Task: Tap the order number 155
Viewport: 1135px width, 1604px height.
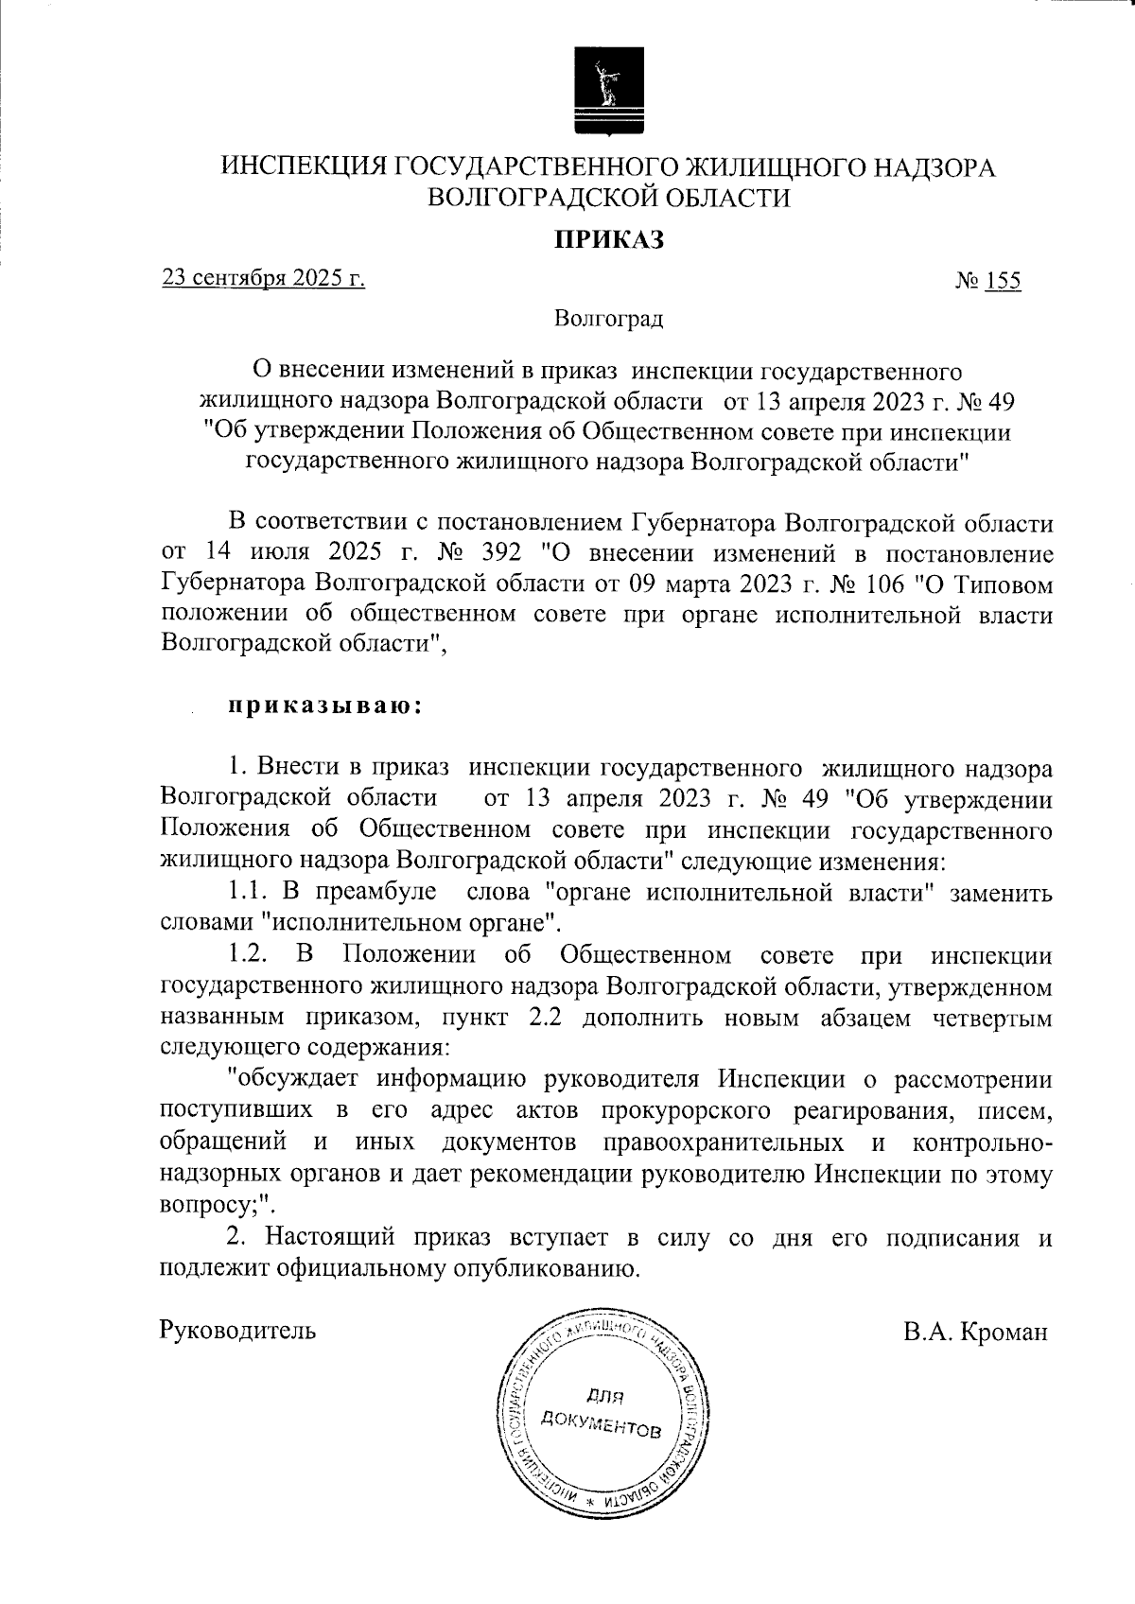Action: click(1002, 282)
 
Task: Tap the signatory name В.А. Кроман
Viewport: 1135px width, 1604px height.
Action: click(975, 1332)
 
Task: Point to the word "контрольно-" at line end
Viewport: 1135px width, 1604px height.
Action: click(980, 1142)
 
